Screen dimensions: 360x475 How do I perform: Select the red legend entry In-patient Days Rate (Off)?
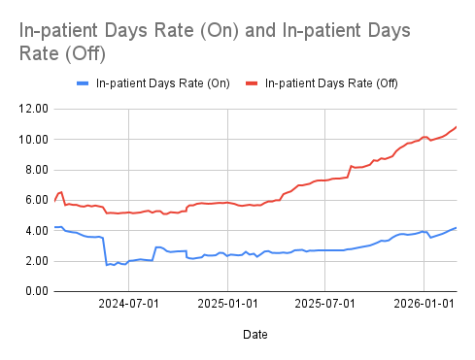pyautogui.click(x=331, y=82)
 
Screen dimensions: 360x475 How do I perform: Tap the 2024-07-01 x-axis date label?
pyautogui.click(x=131, y=304)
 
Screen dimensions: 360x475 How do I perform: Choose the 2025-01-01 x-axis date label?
pyautogui.click(x=227, y=304)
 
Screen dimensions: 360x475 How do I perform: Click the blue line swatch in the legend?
pyautogui.click(x=84, y=82)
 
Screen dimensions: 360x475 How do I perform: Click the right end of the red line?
pyautogui.click(x=456, y=127)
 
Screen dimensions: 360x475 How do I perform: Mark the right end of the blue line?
pyautogui.click(x=456, y=227)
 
